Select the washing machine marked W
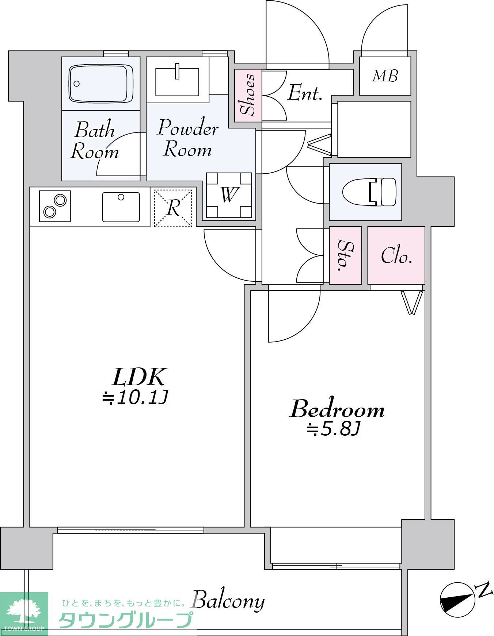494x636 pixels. click(x=229, y=195)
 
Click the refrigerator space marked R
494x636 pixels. click(x=173, y=208)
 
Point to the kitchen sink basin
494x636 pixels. click(x=121, y=207)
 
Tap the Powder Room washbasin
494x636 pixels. click(x=177, y=80)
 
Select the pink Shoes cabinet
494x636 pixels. click(x=248, y=96)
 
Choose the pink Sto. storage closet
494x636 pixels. click(x=345, y=255)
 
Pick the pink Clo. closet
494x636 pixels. click(x=396, y=255)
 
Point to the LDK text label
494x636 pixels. click(x=140, y=377)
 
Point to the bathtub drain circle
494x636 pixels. click(x=76, y=84)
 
